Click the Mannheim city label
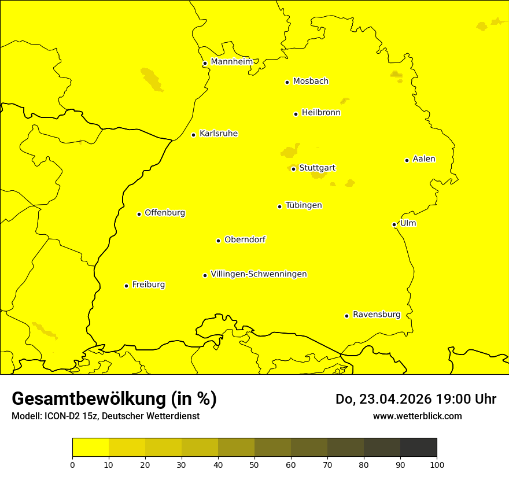[x=231, y=62]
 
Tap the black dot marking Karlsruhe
[x=194, y=135]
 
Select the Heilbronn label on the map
[x=321, y=113]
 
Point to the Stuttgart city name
[x=317, y=168]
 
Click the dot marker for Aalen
[x=407, y=160]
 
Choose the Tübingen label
[x=304, y=205]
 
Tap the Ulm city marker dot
[x=394, y=224]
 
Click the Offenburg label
[x=165, y=213]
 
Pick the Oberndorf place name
[x=245, y=239]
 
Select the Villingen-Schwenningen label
[x=259, y=274]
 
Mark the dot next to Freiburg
[x=126, y=286]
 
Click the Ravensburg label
[x=377, y=315]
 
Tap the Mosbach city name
[x=311, y=82]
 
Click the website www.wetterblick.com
[x=417, y=416]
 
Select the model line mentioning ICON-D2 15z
[x=105, y=416]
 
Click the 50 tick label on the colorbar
[x=254, y=464]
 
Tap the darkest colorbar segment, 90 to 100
[x=418, y=448]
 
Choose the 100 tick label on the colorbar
[x=437, y=464]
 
